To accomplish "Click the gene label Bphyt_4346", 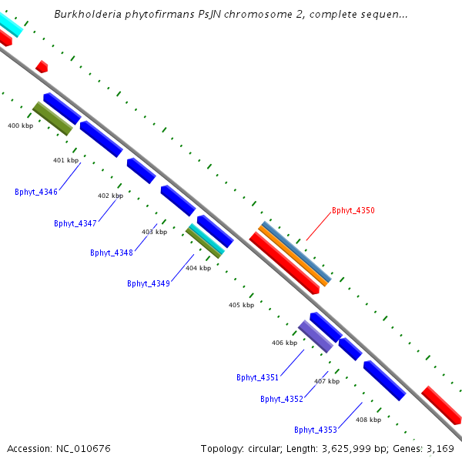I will point(36,192).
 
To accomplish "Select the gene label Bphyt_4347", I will point(75,223).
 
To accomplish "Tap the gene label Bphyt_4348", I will point(112,253).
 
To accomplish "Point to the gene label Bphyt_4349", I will point(149,283).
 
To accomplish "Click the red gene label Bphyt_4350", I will point(353,210).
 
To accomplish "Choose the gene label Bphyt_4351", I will point(257,377).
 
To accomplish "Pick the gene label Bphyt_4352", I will point(282,399).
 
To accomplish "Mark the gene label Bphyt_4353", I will point(316,430).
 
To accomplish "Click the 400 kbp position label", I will point(20,126).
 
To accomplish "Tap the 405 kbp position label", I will point(241,305).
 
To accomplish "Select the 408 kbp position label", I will point(368,420).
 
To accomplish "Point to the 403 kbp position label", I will point(154,232).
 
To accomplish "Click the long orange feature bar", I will point(293,256).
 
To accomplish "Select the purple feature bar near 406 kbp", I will point(315,336).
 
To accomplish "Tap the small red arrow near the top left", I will point(42,67).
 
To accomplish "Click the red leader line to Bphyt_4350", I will point(318,227).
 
